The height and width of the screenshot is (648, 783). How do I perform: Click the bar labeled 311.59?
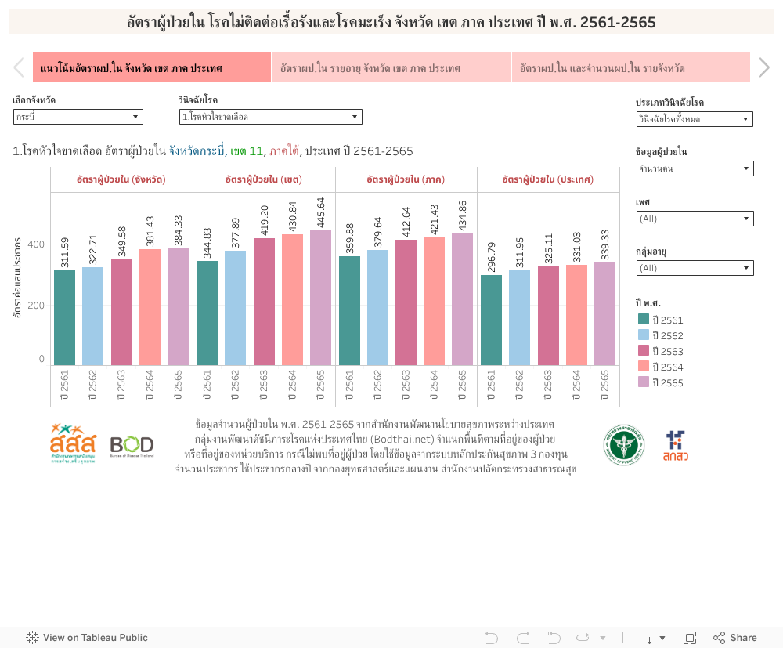coord(65,317)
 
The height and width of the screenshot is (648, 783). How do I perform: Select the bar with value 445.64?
coord(320,298)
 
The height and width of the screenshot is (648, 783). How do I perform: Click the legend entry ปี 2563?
coord(665,351)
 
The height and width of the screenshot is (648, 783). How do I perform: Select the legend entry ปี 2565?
coord(665,382)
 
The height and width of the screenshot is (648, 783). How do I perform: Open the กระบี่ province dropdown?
coord(78,117)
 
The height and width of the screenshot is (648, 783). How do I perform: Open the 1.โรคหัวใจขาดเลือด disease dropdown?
coord(270,117)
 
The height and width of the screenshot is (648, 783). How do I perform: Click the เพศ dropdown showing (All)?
coord(695,219)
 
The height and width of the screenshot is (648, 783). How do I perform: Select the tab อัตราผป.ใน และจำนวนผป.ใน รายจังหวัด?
coord(630,68)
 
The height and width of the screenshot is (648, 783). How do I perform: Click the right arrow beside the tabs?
coord(764,68)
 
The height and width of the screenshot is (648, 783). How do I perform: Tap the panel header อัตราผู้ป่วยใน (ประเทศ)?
coord(548,179)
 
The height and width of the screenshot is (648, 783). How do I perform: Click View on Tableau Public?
coord(87,638)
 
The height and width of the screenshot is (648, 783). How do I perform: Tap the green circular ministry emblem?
coord(624,445)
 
